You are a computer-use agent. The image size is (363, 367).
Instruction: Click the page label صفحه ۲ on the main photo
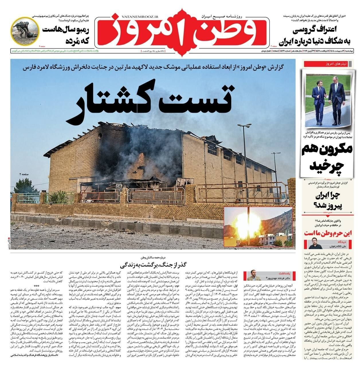tap(24, 174)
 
